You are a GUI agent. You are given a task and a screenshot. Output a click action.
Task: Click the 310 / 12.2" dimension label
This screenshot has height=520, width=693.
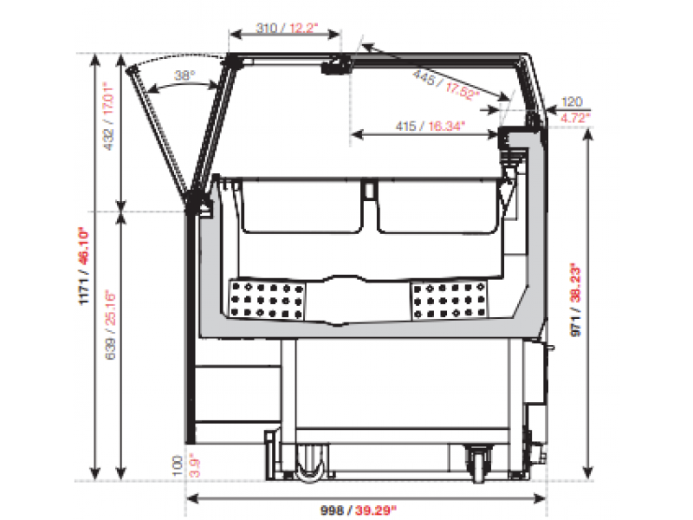click(287, 29)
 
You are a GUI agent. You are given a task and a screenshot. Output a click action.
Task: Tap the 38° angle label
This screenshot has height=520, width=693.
click(185, 75)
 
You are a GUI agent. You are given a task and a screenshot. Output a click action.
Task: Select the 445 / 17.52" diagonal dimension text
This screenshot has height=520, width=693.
click(445, 85)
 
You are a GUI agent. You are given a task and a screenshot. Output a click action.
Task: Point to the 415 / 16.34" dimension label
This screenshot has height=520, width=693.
click(430, 127)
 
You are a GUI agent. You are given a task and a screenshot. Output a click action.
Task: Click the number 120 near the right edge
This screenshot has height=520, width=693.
click(572, 102)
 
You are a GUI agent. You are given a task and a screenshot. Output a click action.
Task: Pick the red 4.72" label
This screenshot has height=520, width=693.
click(575, 118)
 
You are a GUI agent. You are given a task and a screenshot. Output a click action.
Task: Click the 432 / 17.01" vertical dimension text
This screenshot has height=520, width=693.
click(108, 116)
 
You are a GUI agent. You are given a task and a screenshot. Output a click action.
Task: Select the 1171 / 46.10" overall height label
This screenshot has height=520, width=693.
click(83, 266)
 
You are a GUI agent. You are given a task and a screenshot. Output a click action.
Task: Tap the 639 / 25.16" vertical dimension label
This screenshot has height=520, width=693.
click(110, 324)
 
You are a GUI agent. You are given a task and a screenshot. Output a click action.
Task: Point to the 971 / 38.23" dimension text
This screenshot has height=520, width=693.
click(575, 300)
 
